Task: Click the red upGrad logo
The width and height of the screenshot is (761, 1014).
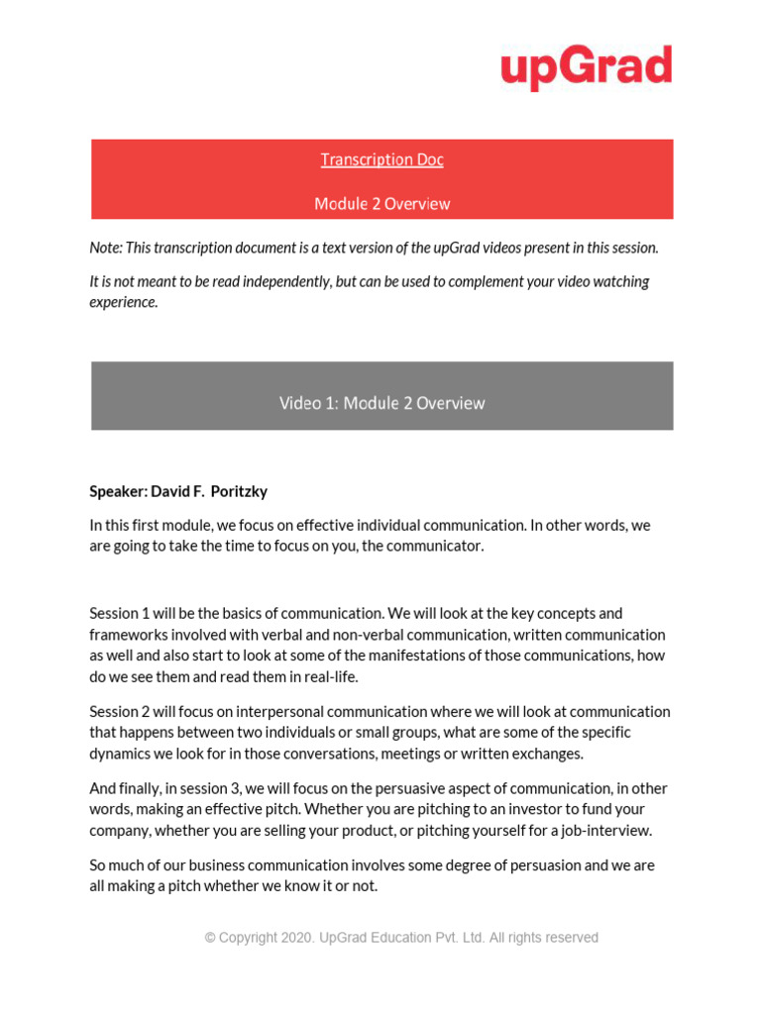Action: [x=586, y=67]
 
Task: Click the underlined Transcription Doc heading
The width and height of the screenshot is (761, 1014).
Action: [x=381, y=159]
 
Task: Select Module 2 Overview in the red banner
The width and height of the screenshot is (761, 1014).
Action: [x=381, y=204]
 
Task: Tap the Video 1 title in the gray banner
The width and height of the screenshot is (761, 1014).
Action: [x=381, y=403]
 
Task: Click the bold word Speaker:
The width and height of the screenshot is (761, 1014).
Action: [x=118, y=491]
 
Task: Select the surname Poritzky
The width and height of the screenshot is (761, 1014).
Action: [x=239, y=491]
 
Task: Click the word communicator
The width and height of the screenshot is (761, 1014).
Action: [x=435, y=547]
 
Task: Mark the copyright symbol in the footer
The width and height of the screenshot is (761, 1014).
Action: [x=209, y=937]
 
